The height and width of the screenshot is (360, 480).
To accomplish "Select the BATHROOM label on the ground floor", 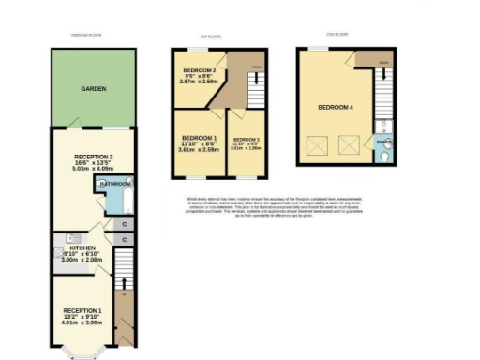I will click(117, 185).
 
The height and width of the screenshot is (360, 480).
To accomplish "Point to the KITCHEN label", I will click(82, 247).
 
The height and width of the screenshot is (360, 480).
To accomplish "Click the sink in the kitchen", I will click(61, 239).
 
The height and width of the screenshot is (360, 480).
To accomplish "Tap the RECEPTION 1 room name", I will click(82, 309).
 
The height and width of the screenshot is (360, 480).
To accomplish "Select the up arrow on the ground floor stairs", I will click(125, 280).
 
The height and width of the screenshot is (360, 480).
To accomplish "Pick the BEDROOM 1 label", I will click(199, 138).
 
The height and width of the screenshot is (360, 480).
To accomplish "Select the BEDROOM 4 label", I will click(336, 108).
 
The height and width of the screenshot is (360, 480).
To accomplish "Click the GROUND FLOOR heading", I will click(86, 35).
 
